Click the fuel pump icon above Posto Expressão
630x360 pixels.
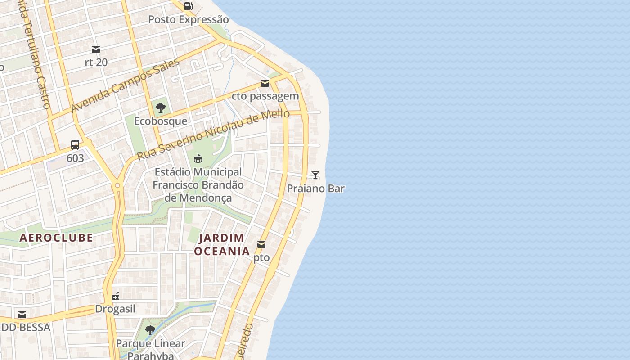(x=189, y=6)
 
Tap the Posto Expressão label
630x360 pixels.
(x=188, y=20)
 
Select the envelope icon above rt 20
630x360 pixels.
(x=96, y=49)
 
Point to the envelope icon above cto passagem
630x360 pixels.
(x=265, y=83)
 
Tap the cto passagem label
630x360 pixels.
(x=265, y=96)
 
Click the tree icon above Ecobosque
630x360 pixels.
(x=160, y=108)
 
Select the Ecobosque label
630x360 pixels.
(x=160, y=121)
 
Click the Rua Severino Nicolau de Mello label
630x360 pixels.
(x=213, y=134)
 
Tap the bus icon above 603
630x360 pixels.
(x=75, y=145)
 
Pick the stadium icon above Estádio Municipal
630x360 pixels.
(x=198, y=159)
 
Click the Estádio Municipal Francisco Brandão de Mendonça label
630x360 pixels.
(x=198, y=185)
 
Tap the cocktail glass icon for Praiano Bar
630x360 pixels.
(x=315, y=175)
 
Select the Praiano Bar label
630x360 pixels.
(x=315, y=189)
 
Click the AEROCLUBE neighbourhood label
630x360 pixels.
(x=56, y=238)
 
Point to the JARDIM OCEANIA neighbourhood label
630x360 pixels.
(x=222, y=244)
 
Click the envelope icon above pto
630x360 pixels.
(x=261, y=244)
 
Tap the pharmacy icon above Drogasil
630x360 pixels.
(x=115, y=296)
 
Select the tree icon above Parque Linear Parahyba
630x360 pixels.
(x=150, y=330)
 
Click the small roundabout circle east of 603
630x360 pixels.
(x=117, y=185)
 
